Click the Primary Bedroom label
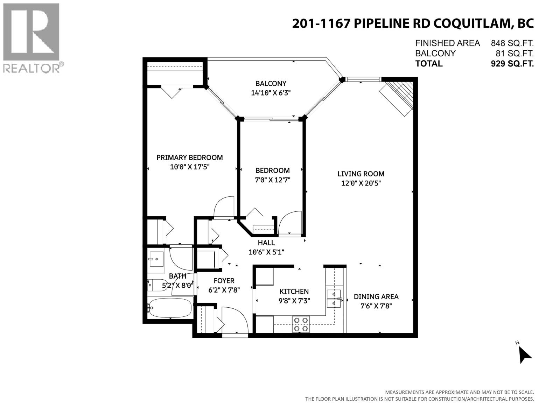click(x=189, y=157)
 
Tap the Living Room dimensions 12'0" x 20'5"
click(x=360, y=183)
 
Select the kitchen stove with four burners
click(x=301, y=324)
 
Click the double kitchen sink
click(x=333, y=298)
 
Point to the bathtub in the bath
click(x=170, y=308)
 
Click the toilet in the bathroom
click(x=156, y=285)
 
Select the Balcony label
click(x=271, y=83)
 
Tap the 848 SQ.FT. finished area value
click(x=512, y=43)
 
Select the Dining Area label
click(x=376, y=296)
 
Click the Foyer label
click(x=224, y=281)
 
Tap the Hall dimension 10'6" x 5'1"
click(x=266, y=252)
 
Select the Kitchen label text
click(x=294, y=291)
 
